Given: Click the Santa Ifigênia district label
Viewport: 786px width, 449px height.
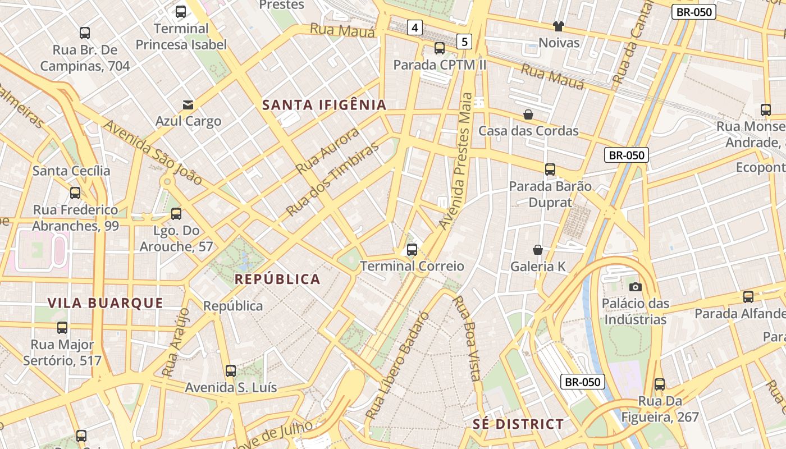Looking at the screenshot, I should (325, 105).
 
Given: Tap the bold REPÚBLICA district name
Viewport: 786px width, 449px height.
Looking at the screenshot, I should (277, 280).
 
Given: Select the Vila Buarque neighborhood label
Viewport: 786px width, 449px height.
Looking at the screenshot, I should (105, 304).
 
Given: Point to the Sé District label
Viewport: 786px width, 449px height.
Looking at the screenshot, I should (518, 424).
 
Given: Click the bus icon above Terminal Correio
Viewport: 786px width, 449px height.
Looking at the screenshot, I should (412, 250).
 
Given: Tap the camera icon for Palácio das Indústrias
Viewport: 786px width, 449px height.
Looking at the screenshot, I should (636, 287).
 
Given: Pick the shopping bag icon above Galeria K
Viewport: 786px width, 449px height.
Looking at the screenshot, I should (538, 250).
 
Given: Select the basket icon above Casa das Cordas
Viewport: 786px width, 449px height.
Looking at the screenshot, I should (528, 114).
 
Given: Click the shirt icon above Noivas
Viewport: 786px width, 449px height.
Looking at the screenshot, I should (559, 26).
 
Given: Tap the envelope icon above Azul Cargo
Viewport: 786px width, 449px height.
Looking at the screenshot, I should (188, 105).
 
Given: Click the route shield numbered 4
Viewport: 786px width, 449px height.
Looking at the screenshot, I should (415, 27).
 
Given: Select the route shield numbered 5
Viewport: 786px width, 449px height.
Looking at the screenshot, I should (464, 41).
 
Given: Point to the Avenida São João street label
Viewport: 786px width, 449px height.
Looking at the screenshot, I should (152, 153).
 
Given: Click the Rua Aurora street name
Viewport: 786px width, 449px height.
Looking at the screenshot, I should (327, 150).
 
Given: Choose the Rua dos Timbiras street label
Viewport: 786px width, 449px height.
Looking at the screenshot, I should (332, 181).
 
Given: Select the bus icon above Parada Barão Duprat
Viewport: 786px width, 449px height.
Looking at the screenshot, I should (550, 169).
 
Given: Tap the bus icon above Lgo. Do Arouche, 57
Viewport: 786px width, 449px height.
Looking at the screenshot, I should (176, 214).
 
